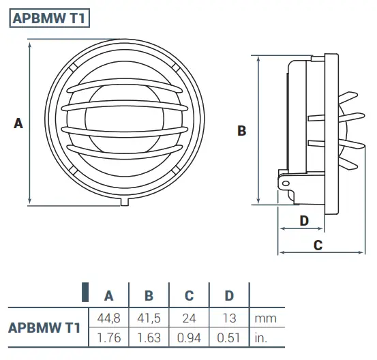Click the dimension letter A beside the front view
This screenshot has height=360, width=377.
[x=18, y=123]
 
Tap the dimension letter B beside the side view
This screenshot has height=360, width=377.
[x=241, y=130]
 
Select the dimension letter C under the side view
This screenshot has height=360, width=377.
[x=318, y=245]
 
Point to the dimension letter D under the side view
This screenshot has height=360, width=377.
[x=305, y=220]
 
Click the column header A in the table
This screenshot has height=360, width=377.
[x=108, y=296]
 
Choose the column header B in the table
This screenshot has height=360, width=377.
[x=149, y=296]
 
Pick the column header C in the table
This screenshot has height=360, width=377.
[x=190, y=296]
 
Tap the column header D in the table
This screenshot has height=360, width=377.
[x=230, y=296]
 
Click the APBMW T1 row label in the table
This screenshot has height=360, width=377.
[x=44, y=327]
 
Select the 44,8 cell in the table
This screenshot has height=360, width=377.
[x=108, y=318]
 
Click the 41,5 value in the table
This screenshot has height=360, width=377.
[x=149, y=318]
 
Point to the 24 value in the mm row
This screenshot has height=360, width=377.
[x=190, y=318]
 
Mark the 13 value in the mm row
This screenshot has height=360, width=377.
[x=230, y=318]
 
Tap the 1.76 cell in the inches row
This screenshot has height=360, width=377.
[x=108, y=337]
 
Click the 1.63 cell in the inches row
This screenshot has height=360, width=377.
[x=149, y=337]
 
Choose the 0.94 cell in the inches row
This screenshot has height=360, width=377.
[x=190, y=337]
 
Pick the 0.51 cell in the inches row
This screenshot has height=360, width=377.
[x=230, y=337]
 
